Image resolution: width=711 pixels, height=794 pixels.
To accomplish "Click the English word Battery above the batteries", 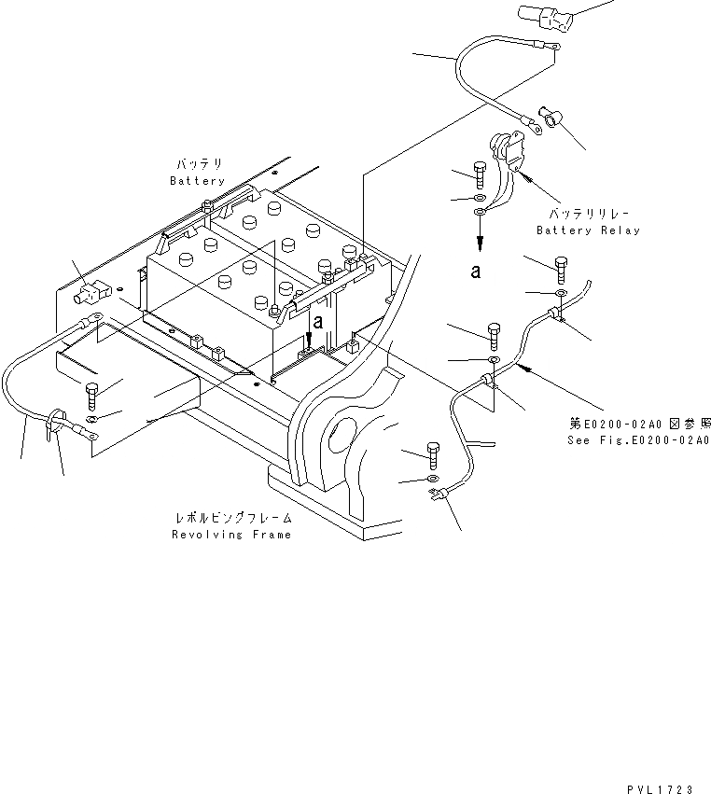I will click(x=197, y=181).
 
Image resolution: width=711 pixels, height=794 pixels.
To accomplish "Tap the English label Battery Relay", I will click(x=588, y=230).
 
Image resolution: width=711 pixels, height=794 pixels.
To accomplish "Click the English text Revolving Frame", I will click(x=231, y=535).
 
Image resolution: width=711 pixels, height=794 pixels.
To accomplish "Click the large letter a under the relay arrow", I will click(x=477, y=272).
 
